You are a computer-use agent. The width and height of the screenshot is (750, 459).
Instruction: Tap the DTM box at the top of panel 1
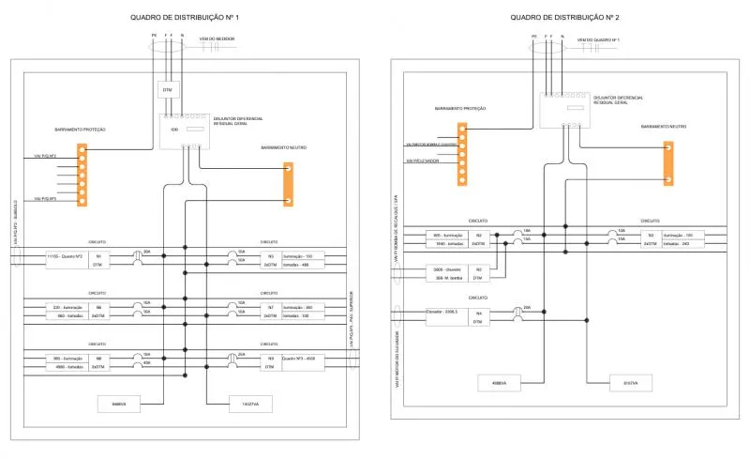pyautogui.click(x=169, y=90)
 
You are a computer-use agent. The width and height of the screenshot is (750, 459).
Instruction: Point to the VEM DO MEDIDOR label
pyautogui.click(x=217, y=38)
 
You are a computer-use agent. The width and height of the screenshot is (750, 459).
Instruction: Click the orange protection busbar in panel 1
pyautogui.click(x=82, y=175)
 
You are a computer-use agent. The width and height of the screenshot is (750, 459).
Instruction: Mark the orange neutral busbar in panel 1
pyautogui.click(x=288, y=184)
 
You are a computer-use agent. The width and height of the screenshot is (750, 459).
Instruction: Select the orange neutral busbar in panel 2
pyautogui.click(x=668, y=161)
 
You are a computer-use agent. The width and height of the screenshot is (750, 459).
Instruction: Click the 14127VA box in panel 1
pyautogui.click(x=249, y=405)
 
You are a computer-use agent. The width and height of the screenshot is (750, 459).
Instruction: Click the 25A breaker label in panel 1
pyautogui.click(x=241, y=353)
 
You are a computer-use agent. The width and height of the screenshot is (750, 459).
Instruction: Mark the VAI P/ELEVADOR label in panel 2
pyautogui.click(x=424, y=161)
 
